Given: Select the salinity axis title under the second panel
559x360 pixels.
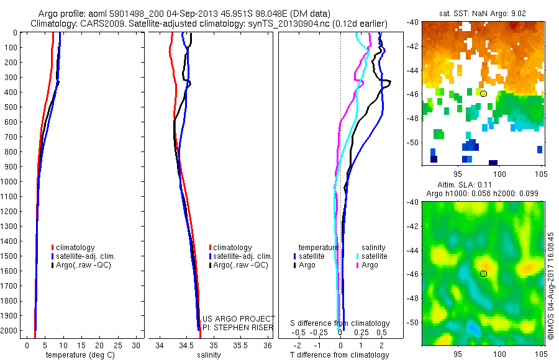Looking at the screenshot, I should (x=209, y=355).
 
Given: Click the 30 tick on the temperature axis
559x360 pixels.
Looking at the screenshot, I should (x=137, y=345).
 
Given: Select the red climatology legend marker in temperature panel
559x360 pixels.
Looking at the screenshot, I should (x=53, y=248).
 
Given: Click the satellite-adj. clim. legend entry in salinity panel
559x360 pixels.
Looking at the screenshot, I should (x=242, y=256).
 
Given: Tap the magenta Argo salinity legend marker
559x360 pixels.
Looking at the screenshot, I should (x=358, y=265).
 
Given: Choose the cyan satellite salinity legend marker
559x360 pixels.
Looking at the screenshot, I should (x=358, y=256).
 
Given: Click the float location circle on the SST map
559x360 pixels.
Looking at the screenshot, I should (x=483, y=93).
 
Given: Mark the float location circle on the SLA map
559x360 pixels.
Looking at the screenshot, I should (x=483, y=273).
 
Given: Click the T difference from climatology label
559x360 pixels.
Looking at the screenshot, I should (x=339, y=355).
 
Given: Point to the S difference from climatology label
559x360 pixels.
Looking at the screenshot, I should (x=340, y=323).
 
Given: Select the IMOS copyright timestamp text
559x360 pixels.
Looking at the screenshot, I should (x=551, y=276).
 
